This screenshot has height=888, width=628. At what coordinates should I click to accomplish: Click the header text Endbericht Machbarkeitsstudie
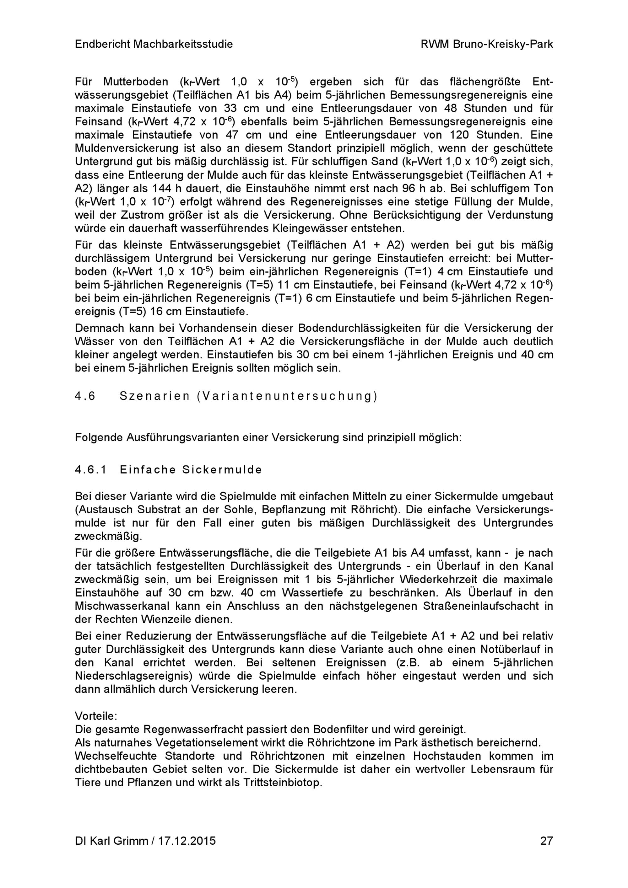click(x=154, y=45)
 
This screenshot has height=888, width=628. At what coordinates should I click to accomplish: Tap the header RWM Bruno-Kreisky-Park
click(x=487, y=45)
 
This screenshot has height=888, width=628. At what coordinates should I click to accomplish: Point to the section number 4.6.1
click(x=90, y=470)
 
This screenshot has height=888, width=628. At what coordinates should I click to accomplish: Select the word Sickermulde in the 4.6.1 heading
click(x=222, y=470)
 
